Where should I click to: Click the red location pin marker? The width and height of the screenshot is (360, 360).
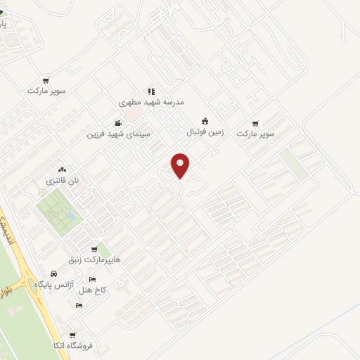(181, 165)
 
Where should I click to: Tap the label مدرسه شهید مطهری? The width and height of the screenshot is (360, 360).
(154, 102)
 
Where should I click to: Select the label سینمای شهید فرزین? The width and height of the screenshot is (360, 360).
(119, 134)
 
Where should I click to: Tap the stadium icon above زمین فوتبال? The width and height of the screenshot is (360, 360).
(205, 120)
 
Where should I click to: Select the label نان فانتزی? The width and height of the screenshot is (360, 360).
(63, 181)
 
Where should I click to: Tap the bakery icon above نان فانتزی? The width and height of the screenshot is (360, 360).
(62, 169)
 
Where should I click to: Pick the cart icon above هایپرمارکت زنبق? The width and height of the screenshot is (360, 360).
(94, 250)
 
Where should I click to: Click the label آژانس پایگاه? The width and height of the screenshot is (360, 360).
(53, 283)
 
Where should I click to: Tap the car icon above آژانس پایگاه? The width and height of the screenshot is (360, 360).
(53, 274)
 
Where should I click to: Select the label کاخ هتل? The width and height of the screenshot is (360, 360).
(93, 290)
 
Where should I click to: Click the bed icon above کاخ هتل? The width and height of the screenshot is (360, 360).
(93, 280)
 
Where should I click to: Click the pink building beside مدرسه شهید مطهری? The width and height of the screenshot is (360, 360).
(132, 112)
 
